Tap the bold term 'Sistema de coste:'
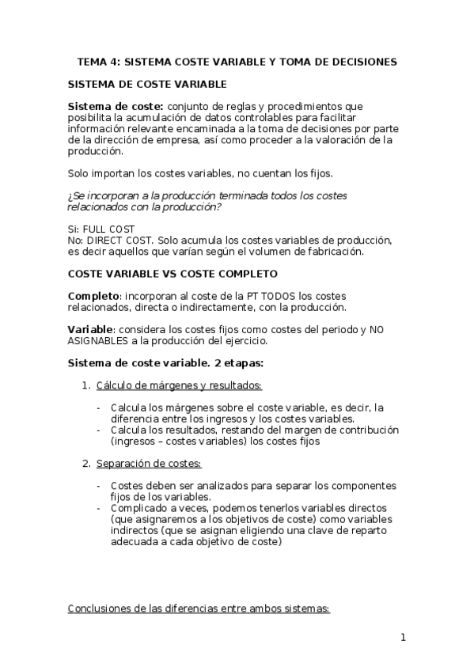(116, 107)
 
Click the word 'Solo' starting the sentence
(82, 172)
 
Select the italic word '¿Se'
(78, 195)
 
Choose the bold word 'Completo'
(93, 296)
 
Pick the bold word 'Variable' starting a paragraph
(90, 329)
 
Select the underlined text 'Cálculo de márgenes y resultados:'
(179, 385)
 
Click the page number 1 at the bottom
(403, 639)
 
